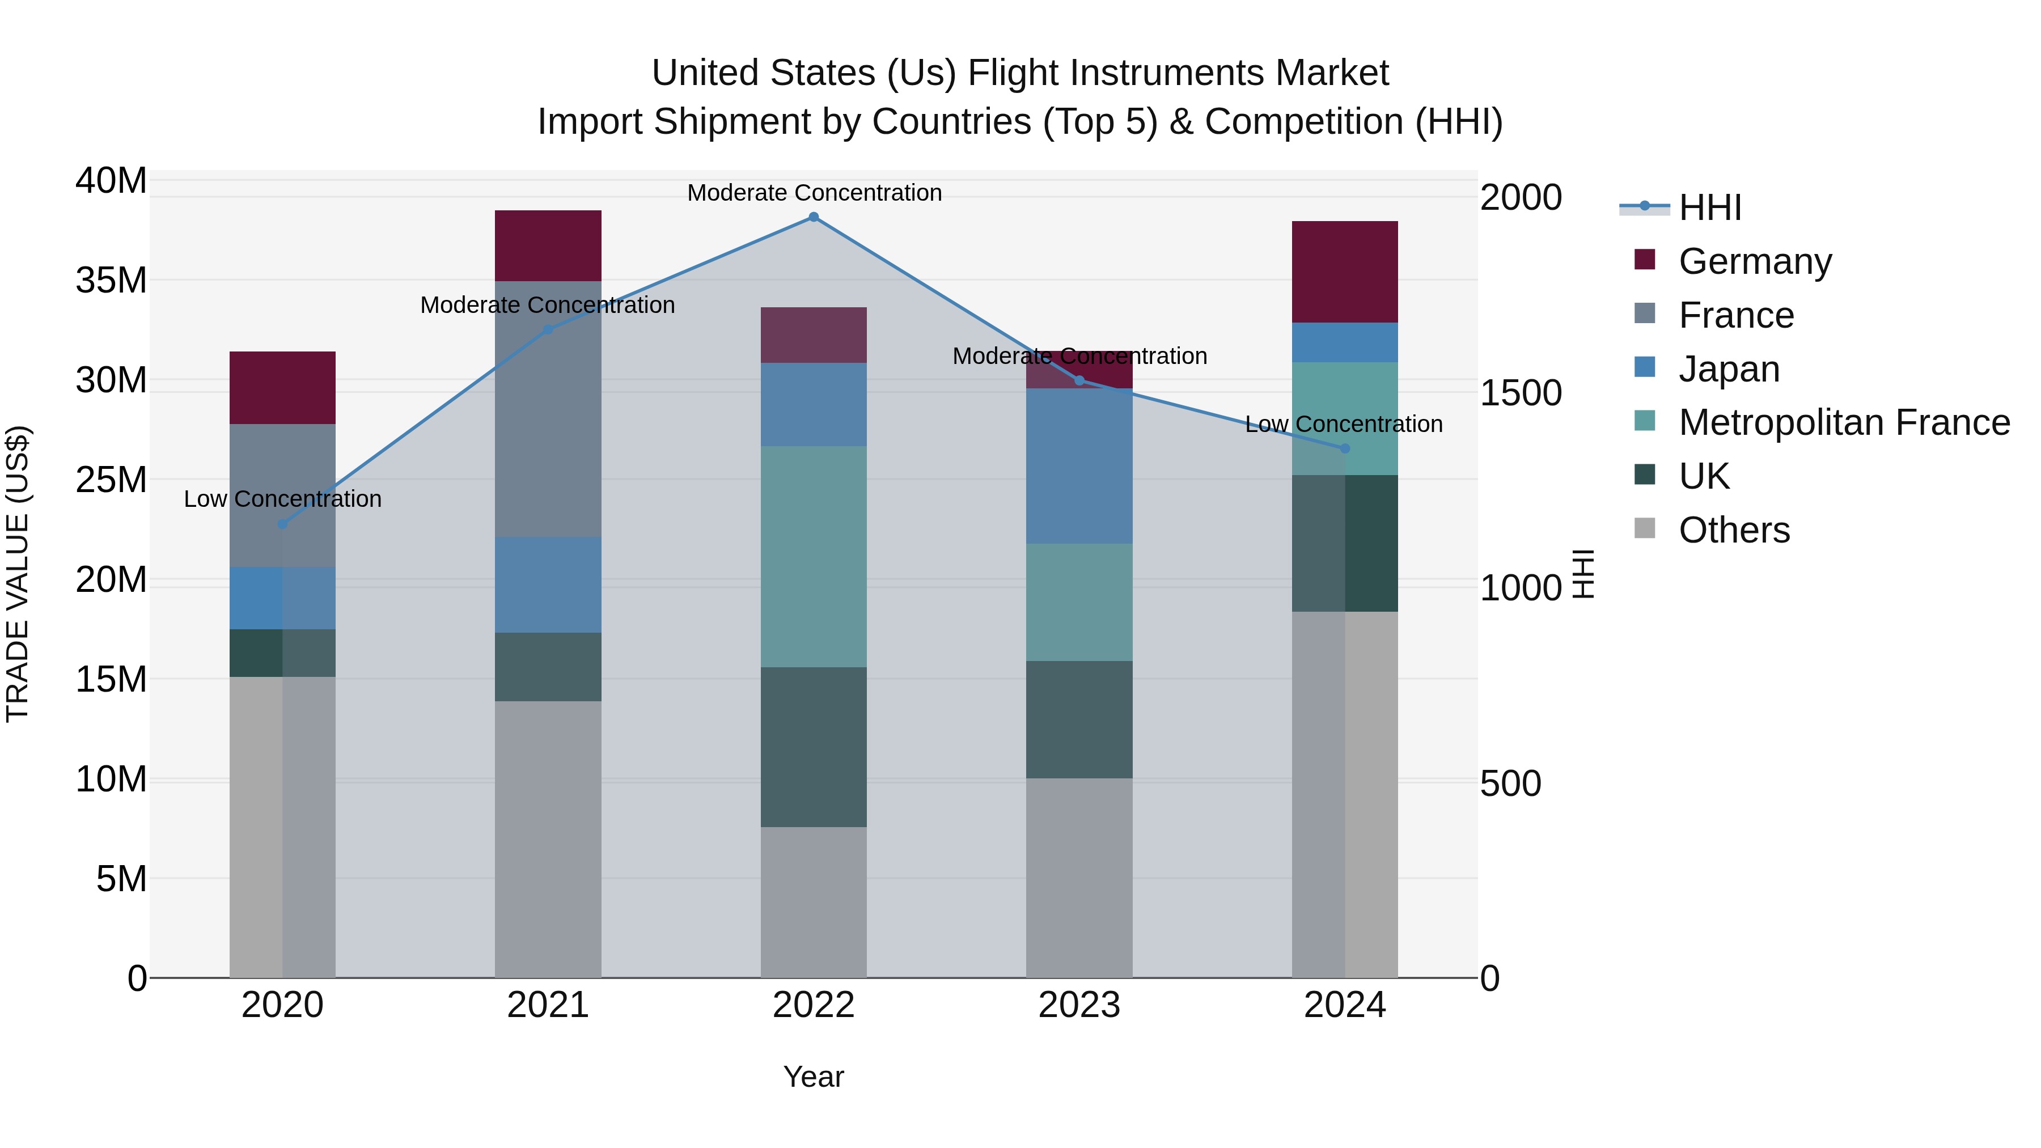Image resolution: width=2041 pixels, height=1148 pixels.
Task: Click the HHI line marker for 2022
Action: (813, 217)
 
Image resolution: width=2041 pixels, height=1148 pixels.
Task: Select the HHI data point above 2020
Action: (283, 524)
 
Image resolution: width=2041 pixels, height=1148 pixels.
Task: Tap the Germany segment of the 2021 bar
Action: (548, 245)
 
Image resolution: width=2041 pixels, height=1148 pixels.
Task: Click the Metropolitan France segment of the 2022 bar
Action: (813, 556)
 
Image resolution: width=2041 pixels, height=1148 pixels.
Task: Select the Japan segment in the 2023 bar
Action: (1078, 466)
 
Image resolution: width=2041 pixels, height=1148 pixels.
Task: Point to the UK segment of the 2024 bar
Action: (1345, 544)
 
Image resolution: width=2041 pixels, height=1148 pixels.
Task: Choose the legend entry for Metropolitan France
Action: (1844, 422)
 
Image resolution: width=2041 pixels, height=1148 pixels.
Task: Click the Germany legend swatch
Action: (1645, 260)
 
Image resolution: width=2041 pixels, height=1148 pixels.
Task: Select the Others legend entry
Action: (1734, 530)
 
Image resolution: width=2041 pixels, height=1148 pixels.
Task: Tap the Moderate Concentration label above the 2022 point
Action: (814, 193)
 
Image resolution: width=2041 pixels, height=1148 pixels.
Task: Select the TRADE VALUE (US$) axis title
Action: (18, 574)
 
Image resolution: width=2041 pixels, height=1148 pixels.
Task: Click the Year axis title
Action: (813, 1077)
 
